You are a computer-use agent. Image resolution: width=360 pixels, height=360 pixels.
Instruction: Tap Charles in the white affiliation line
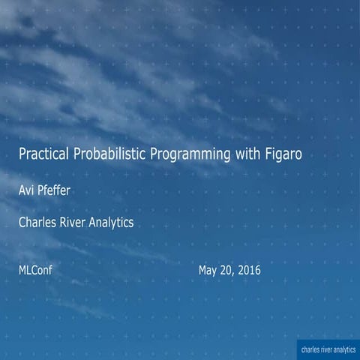(x=38, y=222)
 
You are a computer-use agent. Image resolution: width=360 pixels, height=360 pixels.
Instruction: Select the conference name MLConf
(x=35, y=269)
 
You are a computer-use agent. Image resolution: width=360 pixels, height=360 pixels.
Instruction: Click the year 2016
(x=249, y=269)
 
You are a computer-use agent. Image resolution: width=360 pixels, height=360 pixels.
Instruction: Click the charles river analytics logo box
(x=327, y=349)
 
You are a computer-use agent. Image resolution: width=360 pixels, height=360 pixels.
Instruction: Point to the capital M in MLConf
(x=22, y=269)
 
